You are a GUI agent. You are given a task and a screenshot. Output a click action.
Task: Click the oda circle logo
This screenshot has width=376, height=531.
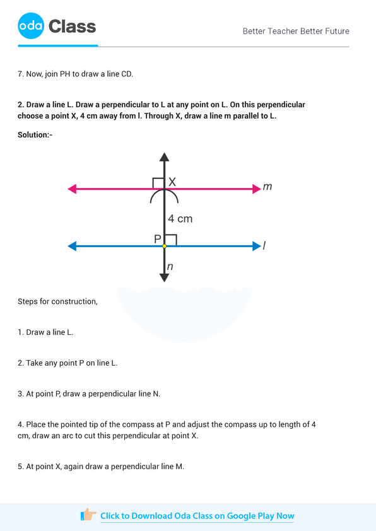[31, 26]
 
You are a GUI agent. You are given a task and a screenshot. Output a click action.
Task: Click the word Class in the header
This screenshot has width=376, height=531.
[73, 26]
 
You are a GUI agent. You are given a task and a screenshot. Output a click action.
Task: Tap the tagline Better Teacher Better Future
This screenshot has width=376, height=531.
[296, 31]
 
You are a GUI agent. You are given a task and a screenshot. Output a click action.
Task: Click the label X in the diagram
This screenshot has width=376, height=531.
[172, 182]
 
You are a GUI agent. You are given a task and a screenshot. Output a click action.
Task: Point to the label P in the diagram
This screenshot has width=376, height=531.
[157, 239]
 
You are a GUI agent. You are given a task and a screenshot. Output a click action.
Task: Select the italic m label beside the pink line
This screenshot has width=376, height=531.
[267, 187]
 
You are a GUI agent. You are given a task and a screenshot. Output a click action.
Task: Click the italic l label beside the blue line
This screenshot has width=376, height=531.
[264, 245]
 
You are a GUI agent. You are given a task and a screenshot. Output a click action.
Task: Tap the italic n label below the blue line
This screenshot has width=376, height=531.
[170, 267]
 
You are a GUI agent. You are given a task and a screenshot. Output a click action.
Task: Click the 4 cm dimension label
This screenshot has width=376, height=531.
[180, 219]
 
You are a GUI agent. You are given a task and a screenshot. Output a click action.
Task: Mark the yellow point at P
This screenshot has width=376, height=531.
[164, 245]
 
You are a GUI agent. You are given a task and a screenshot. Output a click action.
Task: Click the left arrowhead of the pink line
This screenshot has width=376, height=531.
[72, 188]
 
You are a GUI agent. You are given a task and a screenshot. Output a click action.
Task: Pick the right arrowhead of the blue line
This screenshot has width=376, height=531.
[257, 245]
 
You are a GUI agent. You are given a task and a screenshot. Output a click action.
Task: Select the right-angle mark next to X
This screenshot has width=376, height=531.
[158, 182]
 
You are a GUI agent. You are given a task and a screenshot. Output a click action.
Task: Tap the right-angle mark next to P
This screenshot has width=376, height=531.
[171, 240]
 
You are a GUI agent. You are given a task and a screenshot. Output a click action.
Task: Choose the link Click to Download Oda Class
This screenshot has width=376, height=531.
[197, 516]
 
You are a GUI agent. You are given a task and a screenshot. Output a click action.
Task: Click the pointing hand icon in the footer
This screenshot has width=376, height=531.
[88, 515]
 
